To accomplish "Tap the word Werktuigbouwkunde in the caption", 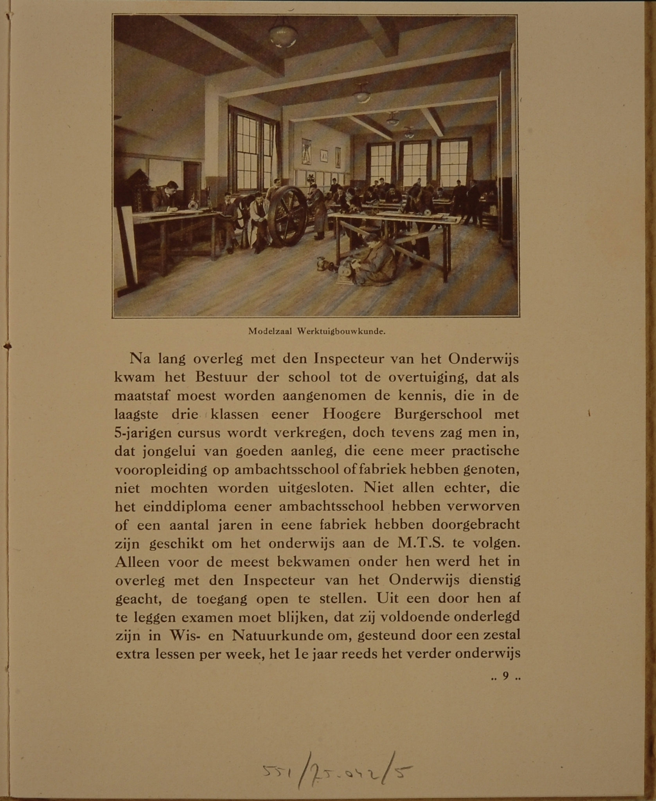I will tap(341, 331).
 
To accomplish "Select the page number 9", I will tap(506, 676).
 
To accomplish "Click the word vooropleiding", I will tap(161, 470).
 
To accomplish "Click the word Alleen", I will tap(137, 562).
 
